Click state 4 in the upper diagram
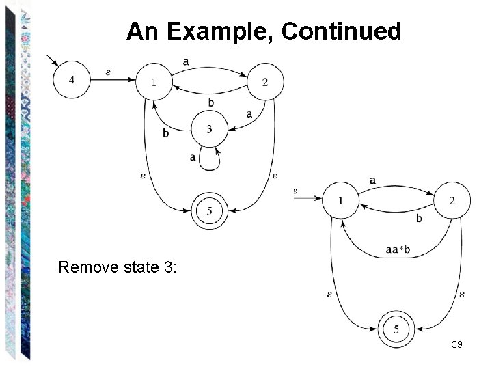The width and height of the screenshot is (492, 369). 72,80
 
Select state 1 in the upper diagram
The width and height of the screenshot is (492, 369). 154,82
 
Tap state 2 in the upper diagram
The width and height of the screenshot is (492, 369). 264,82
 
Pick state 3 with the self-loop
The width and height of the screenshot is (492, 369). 209,129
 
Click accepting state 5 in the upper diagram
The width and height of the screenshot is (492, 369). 209,212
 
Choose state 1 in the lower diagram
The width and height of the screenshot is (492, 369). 341,200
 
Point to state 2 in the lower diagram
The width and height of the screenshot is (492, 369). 451,200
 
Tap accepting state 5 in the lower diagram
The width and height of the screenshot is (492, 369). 396,331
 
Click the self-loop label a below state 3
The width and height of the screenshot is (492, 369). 193,157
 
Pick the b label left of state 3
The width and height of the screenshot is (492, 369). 166,133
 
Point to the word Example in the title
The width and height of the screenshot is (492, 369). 219,31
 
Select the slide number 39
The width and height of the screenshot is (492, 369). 457,344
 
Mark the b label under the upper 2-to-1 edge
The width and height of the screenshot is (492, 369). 210,102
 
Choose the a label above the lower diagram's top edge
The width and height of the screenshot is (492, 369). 372,180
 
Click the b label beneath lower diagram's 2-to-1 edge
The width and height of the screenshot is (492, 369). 419,219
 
